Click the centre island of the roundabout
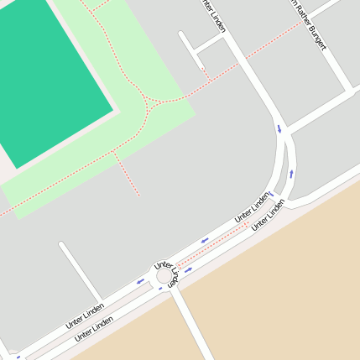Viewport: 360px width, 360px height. coord(164,275)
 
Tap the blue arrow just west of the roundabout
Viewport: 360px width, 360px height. coord(140,281)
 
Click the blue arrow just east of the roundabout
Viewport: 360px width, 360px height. coord(188,269)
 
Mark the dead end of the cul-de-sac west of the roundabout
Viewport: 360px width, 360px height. coord(61,245)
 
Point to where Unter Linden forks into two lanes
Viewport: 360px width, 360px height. coord(284,134)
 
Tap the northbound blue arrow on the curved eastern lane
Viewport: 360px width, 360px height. coord(291,174)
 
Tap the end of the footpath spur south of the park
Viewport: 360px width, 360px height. coord(138,196)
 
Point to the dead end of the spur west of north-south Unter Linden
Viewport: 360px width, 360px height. coord(181,34)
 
